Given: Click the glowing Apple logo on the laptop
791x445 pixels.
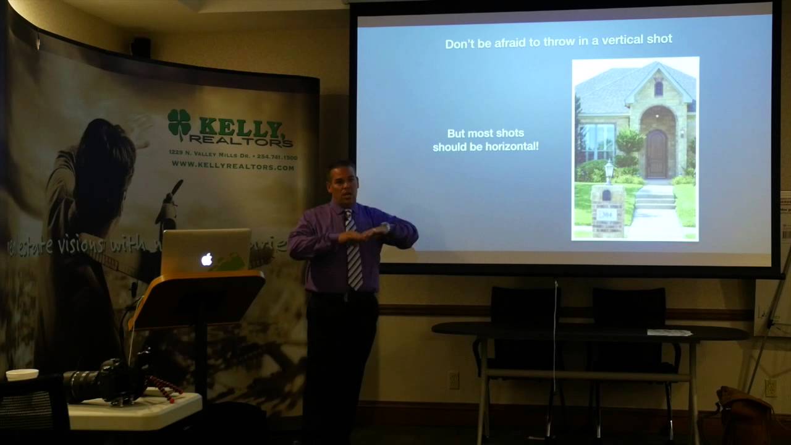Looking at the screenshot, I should point(206,260).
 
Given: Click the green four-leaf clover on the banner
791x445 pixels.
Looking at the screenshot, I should point(179,122).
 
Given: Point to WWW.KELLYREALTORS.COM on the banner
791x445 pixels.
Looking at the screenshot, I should point(233,167).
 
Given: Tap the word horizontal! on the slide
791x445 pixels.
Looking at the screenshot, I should point(512,146).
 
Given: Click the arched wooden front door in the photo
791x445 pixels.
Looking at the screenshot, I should point(656,154).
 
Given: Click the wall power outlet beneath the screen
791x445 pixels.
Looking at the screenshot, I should point(454,379).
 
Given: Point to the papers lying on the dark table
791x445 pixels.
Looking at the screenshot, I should point(669,333).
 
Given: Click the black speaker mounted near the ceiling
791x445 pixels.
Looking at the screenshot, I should point(141,47).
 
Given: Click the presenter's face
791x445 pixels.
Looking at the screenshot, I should point(343,184).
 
